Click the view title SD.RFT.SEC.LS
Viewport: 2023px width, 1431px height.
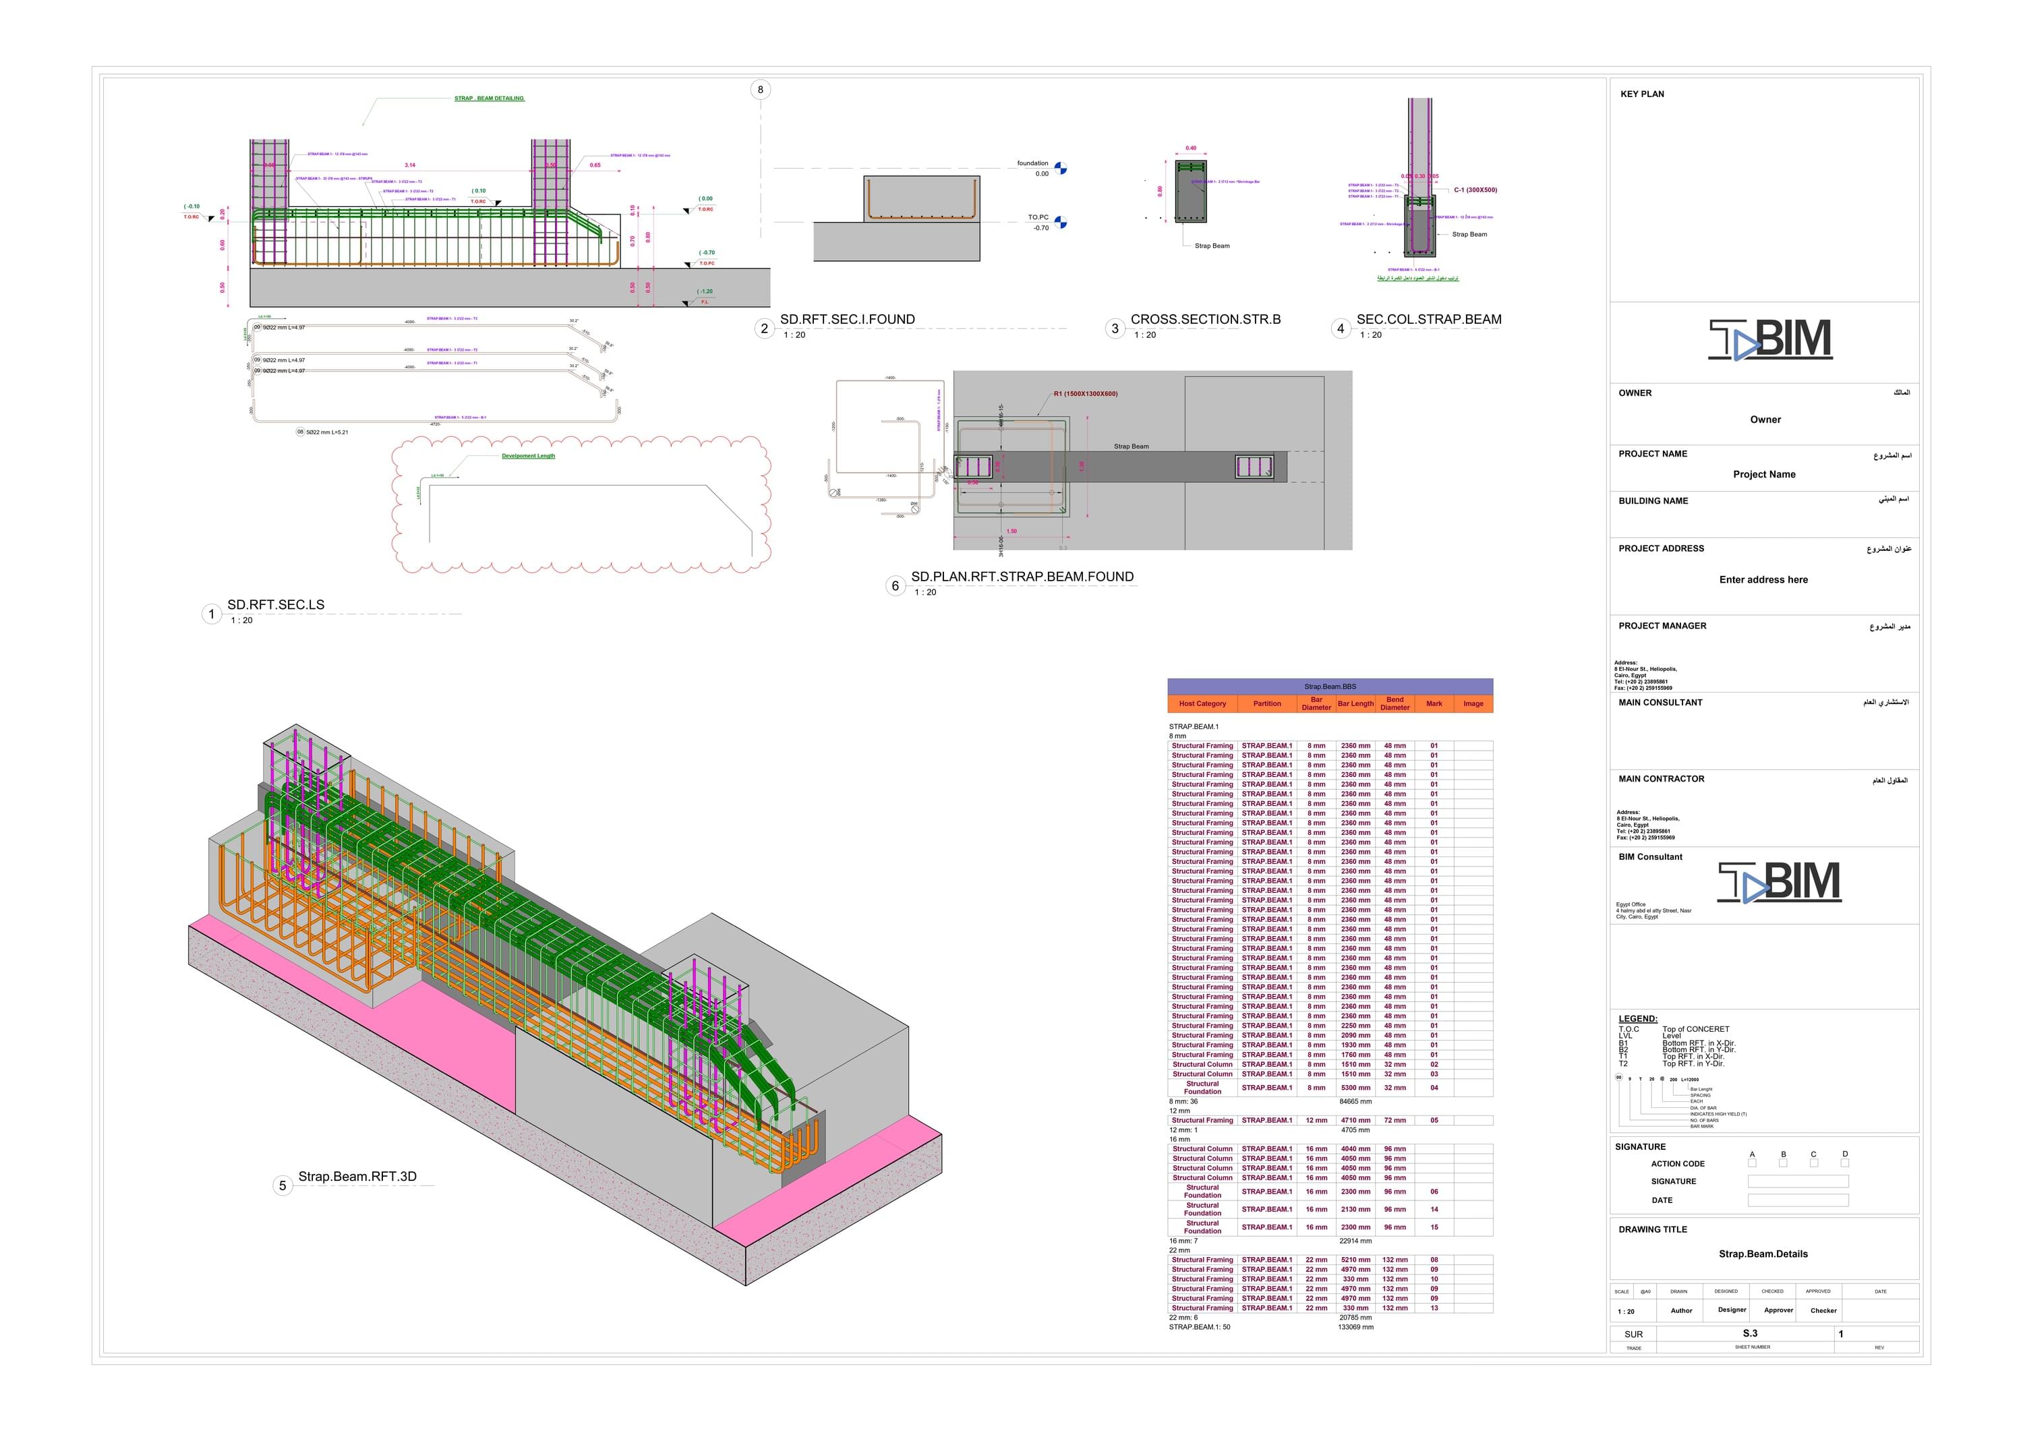coord(276,604)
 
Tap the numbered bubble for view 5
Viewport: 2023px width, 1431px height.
coord(282,1185)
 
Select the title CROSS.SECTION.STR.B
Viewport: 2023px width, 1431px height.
coord(1205,319)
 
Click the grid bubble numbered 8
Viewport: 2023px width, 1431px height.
coord(761,89)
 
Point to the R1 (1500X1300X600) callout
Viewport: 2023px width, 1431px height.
coord(1086,394)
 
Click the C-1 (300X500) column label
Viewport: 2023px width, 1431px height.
coord(1475,190)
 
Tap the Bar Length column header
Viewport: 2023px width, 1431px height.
coord(1355,703)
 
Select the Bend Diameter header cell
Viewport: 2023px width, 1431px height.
coord(1395,703)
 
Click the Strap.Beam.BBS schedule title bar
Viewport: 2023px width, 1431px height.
coord(1330,687)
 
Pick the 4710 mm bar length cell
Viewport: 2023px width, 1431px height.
coord(1355,1121)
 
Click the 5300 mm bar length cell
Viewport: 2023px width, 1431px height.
coord(1355,1087)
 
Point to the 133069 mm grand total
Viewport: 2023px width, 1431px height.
coord(1355,1327)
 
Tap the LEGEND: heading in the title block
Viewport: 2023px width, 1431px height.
coord(1638,1018)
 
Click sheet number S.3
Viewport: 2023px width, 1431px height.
coord(1750,1333)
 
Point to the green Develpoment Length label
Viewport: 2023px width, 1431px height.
coord(529,457)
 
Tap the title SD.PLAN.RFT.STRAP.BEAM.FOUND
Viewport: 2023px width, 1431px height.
coord(1022,577)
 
